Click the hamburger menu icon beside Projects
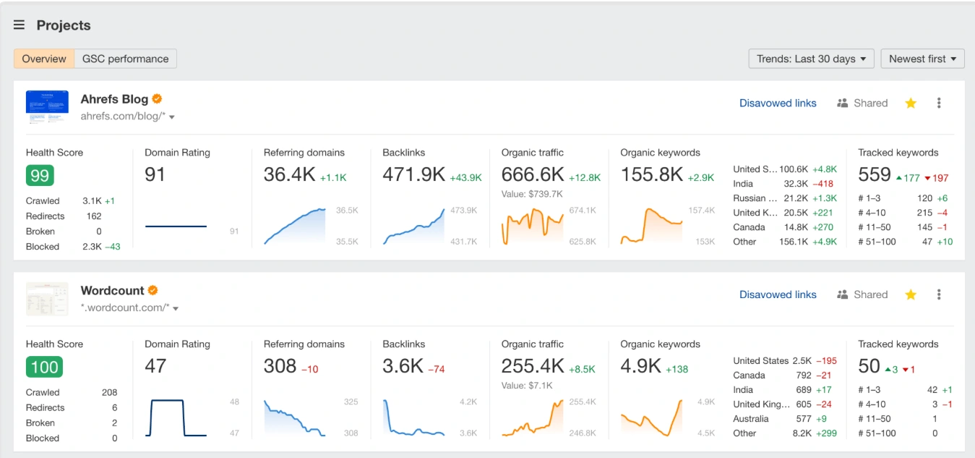pyautogui.click(x=19, y=25)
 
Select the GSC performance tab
pyautogui.click(x=125, y=59)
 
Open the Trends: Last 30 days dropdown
pyautogui.click(x=811, y=59)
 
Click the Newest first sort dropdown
pyautogui.click(x=922, y=59)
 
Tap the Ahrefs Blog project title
pyautogui.click(x=114, y=99)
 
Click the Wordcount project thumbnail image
pyautogui.click(x=47, y=299)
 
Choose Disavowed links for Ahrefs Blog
pyautogui.click(x=778, y=103)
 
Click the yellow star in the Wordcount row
pyautogui.click(x=911, y=294)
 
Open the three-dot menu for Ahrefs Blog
pyautogui.click(x=939, y=103)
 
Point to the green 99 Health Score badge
pyautogui.click(x=40, y=176)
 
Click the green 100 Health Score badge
pyautogui.click(x=44, y=368)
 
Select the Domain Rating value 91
pyautogui.click(x=155, y=174)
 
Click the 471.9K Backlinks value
pyautogui.click(x=413, y=174)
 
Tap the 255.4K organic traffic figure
pyautogui.click(x=533, y=366)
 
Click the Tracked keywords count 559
pyautogui.click(x=875, y=174)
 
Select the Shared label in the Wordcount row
pyautogui.click(x=870, y=294)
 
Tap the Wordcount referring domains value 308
pyautogui.click(x=280, y=366)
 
